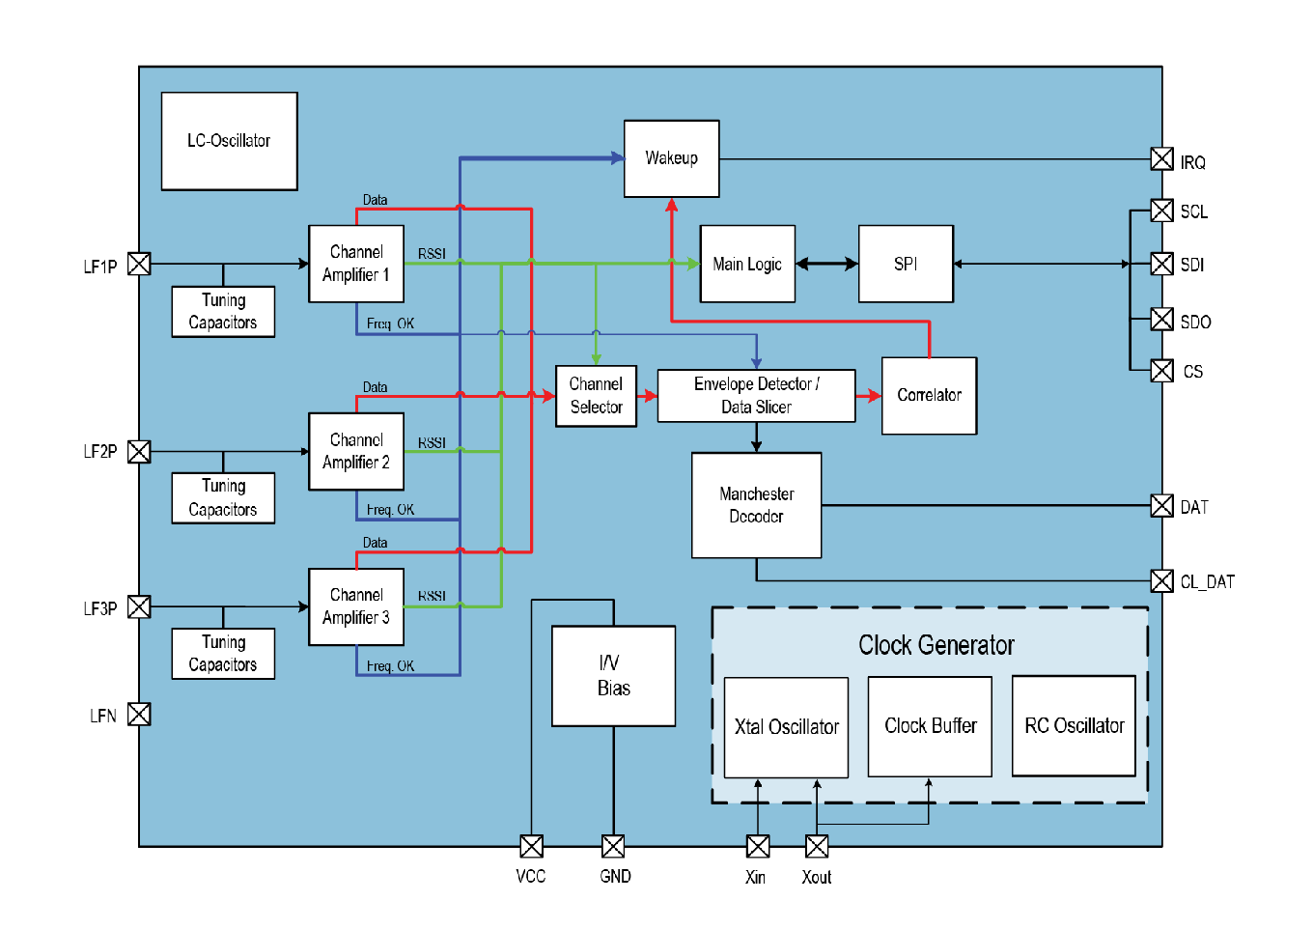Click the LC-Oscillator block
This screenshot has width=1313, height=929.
tap(229, 141)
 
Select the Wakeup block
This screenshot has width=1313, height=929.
tap(671, 158)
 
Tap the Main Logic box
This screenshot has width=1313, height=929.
tap(747, 264)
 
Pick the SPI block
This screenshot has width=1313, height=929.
tap(906, 264)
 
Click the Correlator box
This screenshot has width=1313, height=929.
tap(929, 395)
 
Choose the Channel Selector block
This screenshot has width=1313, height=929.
tap(596, 395)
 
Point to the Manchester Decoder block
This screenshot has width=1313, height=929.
tap(756, 505)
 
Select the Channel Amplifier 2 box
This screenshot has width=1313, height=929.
tap(356, 451)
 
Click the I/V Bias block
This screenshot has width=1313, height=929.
tap(613, 675)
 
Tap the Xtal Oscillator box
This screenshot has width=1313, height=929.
tap(786, 726)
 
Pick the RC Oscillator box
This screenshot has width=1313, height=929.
tap(1074, 725)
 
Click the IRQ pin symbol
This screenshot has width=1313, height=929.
tap(1162, 159)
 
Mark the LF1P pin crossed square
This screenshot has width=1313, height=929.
tap(139, 264)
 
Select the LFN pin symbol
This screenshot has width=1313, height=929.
tap(139, 714)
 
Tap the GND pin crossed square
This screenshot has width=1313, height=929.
tap(613, 847)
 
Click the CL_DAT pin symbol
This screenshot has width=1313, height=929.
tap(1162, 580)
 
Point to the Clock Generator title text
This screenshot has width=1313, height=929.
tap(936, 645)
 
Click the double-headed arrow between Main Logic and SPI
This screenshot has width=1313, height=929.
tap(826, 264)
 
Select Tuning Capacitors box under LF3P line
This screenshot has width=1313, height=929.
tap(223, 654)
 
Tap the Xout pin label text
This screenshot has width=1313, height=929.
tap(816, 877)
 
